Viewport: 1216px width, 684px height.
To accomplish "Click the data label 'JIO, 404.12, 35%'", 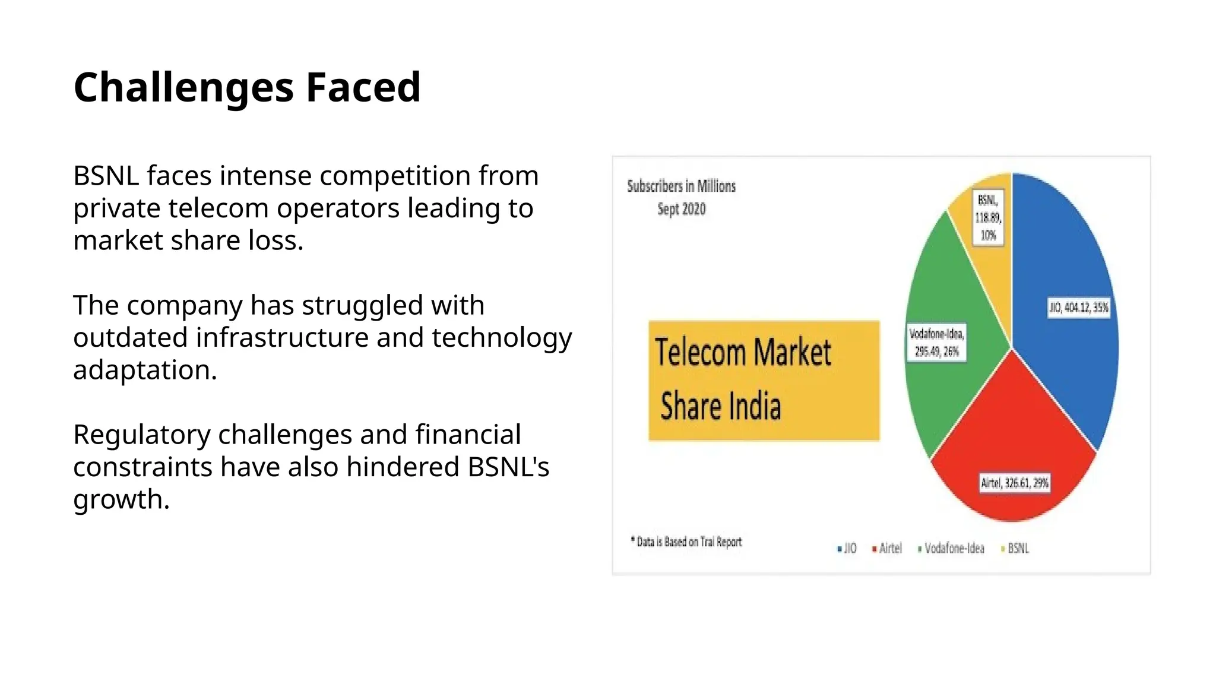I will [1078, 308].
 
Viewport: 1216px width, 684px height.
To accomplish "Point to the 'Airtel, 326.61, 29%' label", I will [1015, 483].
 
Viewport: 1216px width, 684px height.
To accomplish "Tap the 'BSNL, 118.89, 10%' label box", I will [988, 217].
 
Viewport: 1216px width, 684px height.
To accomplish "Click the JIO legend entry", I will [847, 548].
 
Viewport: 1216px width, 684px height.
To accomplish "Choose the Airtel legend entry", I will [887, 548].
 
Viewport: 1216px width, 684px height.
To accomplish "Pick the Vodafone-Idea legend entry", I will [951, 548].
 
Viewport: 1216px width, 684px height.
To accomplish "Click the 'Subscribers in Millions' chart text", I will [681, 186].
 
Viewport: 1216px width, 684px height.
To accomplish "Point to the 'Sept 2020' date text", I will [681, 209].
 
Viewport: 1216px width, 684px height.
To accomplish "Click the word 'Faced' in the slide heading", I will [363, 87].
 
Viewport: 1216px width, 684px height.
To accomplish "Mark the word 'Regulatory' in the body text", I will [141, 435].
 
